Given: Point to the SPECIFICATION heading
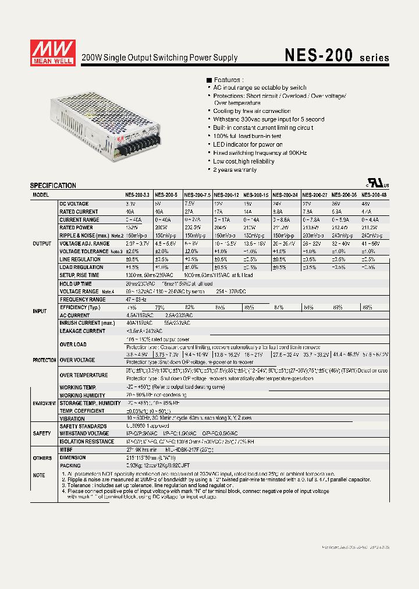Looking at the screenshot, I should pos(53,186).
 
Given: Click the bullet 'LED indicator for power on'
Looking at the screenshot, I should pos(247,144).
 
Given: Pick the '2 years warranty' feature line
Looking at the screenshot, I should pos(234,169).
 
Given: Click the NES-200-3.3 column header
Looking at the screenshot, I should pos(137,195).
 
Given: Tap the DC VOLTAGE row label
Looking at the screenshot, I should pos(74,204).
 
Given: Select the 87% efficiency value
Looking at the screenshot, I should pos(279,307).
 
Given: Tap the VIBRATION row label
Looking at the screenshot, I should pos(72,418).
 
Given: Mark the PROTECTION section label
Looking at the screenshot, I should pos(44,360).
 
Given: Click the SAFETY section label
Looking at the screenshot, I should pos(42,433).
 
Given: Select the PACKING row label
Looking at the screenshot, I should pos(70,466).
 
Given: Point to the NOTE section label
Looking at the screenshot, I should pos(39,475).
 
